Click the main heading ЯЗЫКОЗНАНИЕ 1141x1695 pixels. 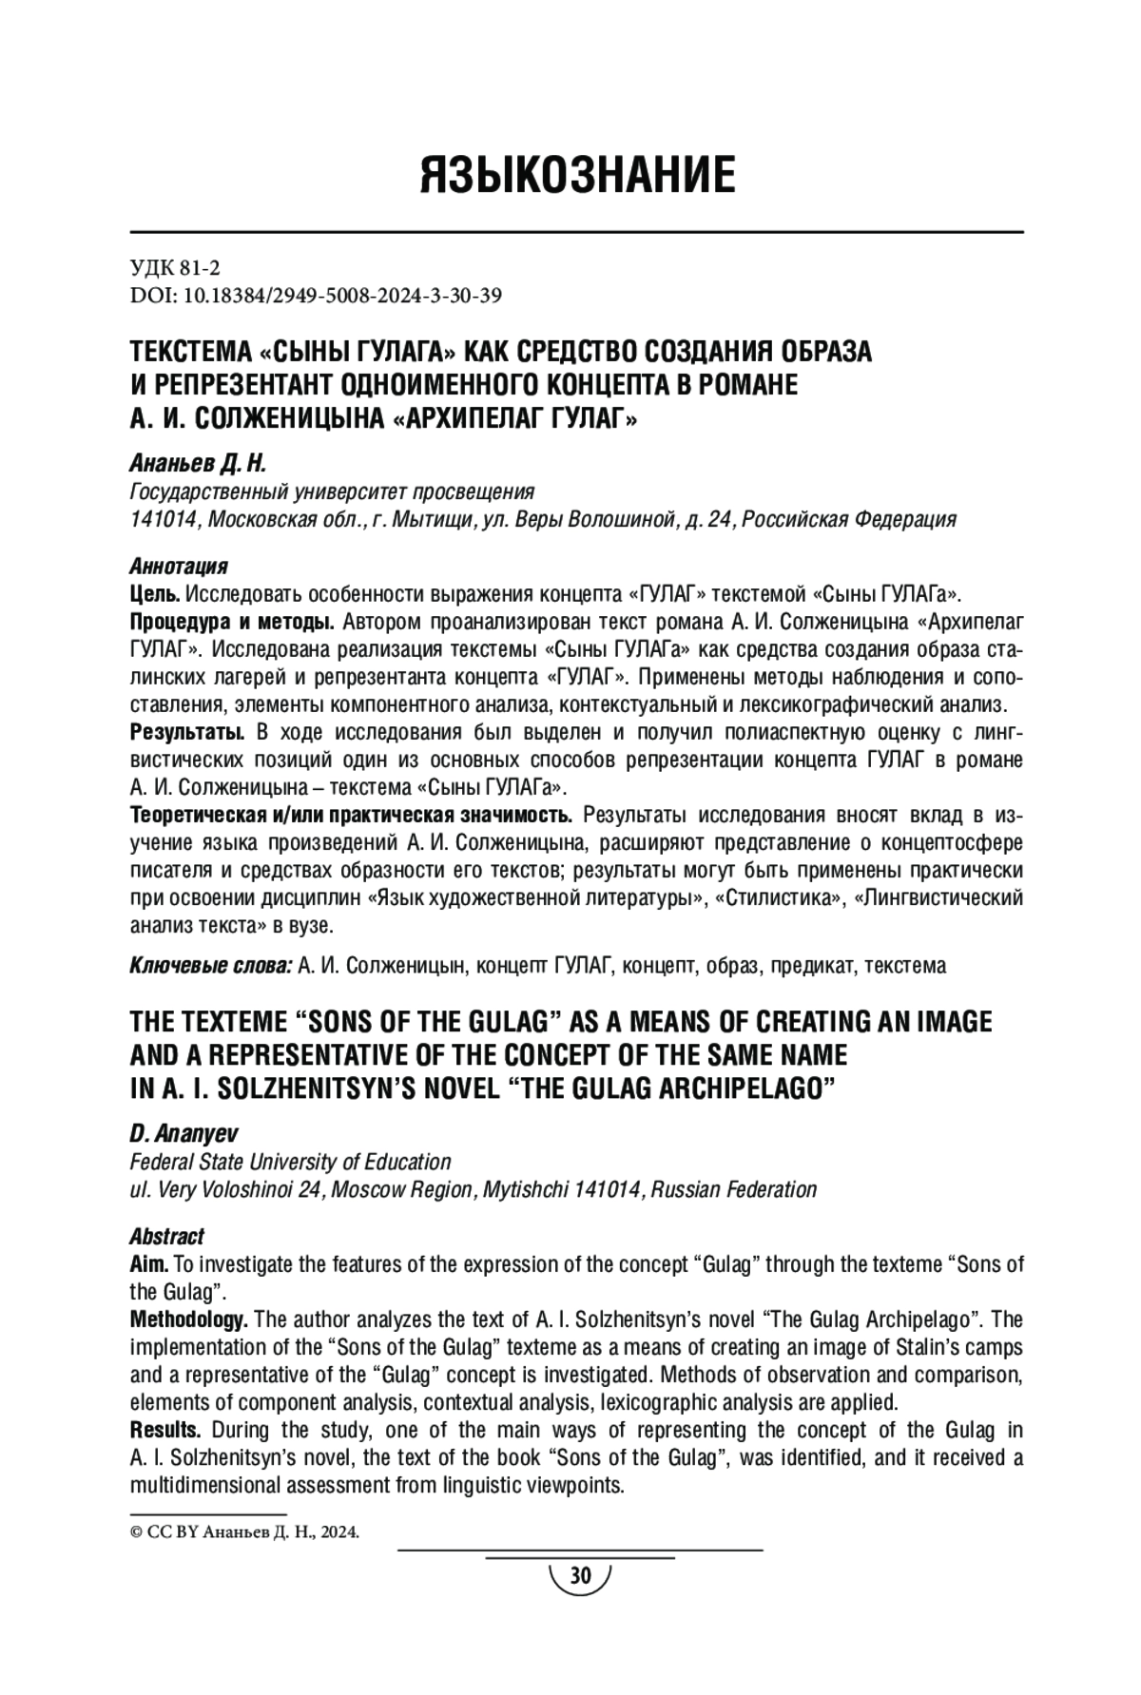coord(577,175)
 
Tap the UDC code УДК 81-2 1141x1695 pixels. coord(174,269)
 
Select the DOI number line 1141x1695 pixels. coord(315,296)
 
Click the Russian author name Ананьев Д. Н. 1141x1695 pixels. coord(198,464)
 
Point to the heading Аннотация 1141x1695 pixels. coord(178,567)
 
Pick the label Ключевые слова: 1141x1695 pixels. coord(210,966)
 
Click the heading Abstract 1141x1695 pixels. coord(166,1237)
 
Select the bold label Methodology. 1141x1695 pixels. coord(188,1319)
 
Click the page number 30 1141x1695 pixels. coord(579,1576)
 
